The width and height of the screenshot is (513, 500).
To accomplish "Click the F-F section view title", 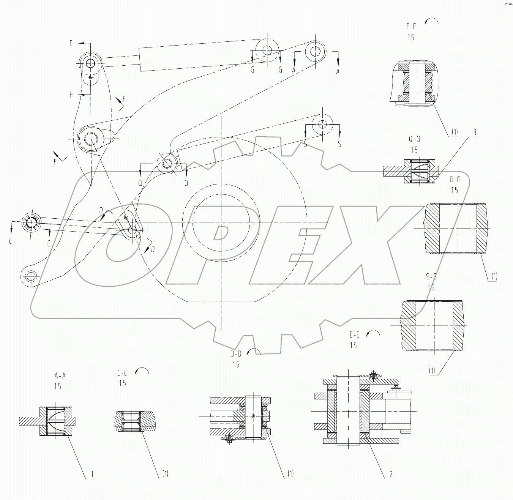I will pos(411,27).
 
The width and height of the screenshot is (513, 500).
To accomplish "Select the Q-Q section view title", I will pos(414,139).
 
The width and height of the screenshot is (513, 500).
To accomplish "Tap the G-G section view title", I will pos(455,180).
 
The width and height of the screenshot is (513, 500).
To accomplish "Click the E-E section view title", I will pos(354,335).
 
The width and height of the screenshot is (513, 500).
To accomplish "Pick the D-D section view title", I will pos(236,354).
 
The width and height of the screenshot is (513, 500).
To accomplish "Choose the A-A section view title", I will pos(60,376).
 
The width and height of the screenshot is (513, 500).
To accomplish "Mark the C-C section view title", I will pos(122,373).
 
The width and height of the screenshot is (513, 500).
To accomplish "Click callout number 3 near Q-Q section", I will pos(474,132).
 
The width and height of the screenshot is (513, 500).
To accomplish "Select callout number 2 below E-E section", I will pos(391,474).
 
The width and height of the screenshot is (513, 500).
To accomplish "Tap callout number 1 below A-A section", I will pos(92,474).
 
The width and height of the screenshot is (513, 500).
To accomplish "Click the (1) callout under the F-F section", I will pos(455,132).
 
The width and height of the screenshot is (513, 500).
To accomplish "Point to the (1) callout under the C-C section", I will pos(165,474).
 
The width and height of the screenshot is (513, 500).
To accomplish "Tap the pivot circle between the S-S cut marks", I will pos(322,124).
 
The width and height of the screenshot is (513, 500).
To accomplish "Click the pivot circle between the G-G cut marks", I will pos(267,50).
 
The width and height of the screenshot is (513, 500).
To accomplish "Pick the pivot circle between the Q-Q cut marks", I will pos(167,164).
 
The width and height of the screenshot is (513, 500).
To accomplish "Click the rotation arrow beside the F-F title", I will pos(431,21).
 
